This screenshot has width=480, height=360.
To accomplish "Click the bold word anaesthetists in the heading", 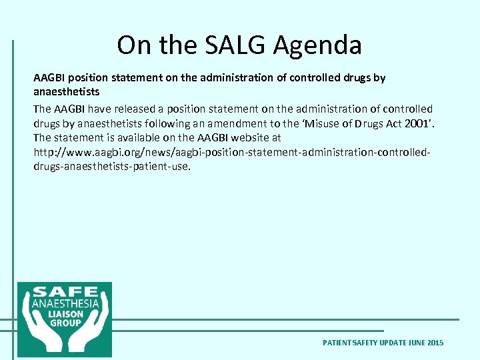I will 66,91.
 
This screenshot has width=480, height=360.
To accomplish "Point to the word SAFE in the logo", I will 65,293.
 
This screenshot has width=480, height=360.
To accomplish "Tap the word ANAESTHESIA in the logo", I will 65,303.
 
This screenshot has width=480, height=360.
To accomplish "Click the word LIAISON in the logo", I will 65,313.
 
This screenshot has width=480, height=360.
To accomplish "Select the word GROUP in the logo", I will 65,323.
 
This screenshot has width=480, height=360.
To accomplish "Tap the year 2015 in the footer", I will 435,343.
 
